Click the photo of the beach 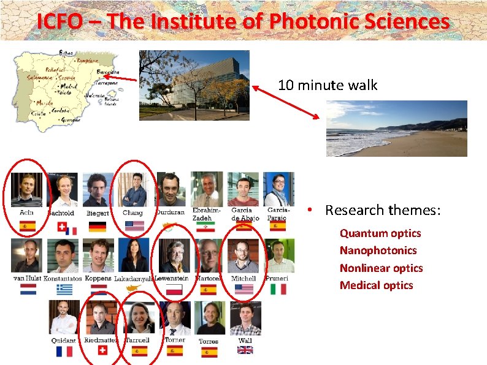pyautogui.click(x=396, y=129)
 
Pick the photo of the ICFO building pyautogui.click(x=194, y=85)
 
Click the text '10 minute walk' pyautogui.click(x=328, y=85)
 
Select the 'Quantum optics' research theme pyautogui.click(x=380, y=233)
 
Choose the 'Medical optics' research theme pyautogui.click(x=376, y=285)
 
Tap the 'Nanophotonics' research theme pyautogui.click(x=378, y=250)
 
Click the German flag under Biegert pyautogui.click(x=97, y=226)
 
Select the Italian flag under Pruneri pyautogui.click(x=278, y=289)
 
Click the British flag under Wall pyautogui.click(x=245, y=350)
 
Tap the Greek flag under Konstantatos pyautogui.click(x=64, y=289)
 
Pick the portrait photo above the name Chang pyautogui.click(x=134, y=189)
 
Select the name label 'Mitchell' pyautogui.click(x=243, y=279)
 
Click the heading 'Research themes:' pyautogui.click(x=383, y=211)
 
